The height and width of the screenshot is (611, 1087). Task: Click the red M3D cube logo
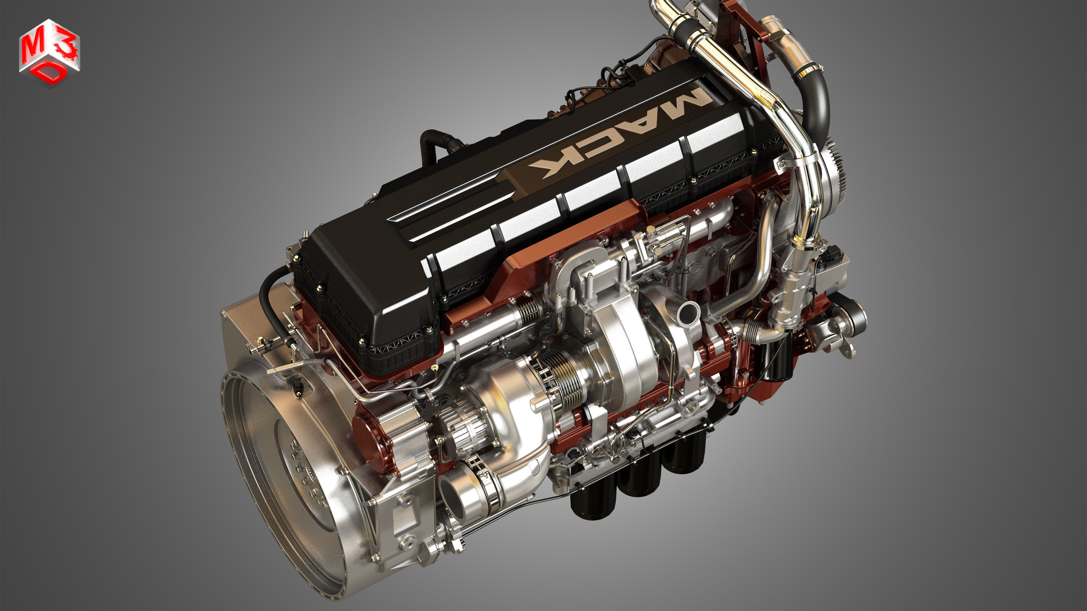tap(49, 53)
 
